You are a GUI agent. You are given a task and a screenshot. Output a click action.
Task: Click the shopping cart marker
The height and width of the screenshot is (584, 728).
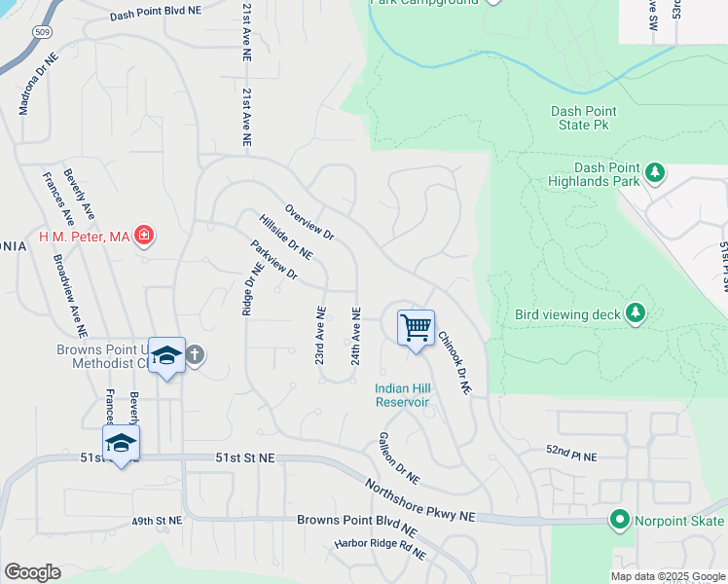tap(416, 327)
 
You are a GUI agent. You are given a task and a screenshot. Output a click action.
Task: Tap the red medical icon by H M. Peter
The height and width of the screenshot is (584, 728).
tap(144, 235)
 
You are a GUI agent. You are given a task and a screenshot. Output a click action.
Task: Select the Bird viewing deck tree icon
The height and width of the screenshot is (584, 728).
tap(636, 312)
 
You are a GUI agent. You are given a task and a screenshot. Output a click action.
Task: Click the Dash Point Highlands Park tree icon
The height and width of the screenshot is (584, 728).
tap(655, 173)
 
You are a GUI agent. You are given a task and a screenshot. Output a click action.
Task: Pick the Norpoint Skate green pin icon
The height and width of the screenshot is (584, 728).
tap(619, 519)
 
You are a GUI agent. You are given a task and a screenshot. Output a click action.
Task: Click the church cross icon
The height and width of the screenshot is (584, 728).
tap(194, 354)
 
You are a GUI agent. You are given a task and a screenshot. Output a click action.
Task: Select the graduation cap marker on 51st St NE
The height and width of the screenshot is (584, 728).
tap(122, 443)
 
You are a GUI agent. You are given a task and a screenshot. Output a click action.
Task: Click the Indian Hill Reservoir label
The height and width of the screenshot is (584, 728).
tap(403, 395)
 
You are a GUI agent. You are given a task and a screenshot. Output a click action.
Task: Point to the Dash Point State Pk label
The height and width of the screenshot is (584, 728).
tap(584, 118)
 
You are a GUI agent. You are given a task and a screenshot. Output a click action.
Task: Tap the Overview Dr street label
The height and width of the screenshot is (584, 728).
tap(309, 223)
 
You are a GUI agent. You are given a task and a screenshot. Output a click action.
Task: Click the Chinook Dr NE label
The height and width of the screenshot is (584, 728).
tap(454, 363)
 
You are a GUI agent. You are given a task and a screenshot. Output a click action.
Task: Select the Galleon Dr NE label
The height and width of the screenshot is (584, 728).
tap(399, 458)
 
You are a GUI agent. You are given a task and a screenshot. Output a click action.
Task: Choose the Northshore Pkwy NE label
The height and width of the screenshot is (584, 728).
tap(420, 500)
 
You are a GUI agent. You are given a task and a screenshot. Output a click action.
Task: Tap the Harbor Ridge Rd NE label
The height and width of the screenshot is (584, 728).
tap(382, 549)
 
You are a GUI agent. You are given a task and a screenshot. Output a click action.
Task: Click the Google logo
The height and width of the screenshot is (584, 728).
tap(32, 571)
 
